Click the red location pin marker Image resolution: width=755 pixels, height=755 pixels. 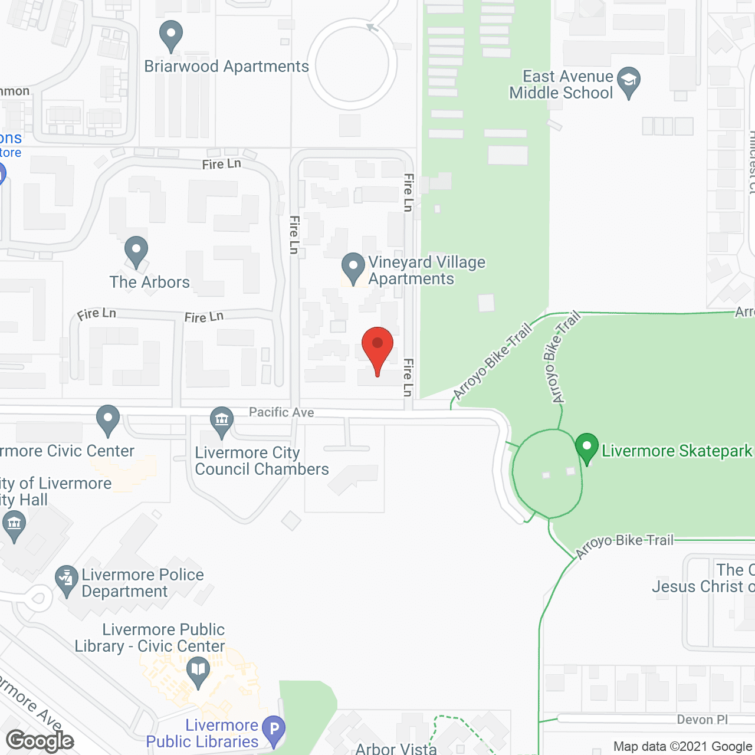pos(377,344)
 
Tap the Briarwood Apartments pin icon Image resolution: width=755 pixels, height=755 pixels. pos(171,35)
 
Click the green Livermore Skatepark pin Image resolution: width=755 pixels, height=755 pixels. pos(587,448)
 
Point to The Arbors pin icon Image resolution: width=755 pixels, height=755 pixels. pos(136,251)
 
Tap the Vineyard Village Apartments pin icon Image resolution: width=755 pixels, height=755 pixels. pos(353,268)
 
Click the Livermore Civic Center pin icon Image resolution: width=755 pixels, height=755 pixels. pos(108,419)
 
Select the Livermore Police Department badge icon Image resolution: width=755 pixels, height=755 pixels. pos(66,581)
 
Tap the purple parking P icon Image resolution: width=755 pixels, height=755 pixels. pos(274,730)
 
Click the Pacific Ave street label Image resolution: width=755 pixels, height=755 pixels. pos(281,412)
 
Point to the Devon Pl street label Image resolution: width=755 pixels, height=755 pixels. pos(703,720)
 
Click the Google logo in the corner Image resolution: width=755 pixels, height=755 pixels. pos(40,741)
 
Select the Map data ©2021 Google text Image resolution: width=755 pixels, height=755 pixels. pos(682,747)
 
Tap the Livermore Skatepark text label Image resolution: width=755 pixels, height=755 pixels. pos(677,451)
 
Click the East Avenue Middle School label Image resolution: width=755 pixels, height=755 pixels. pos(562,85)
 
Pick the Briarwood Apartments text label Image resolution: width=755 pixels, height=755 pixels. pos(226,67)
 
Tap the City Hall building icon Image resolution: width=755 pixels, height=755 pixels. pos(14,525)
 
